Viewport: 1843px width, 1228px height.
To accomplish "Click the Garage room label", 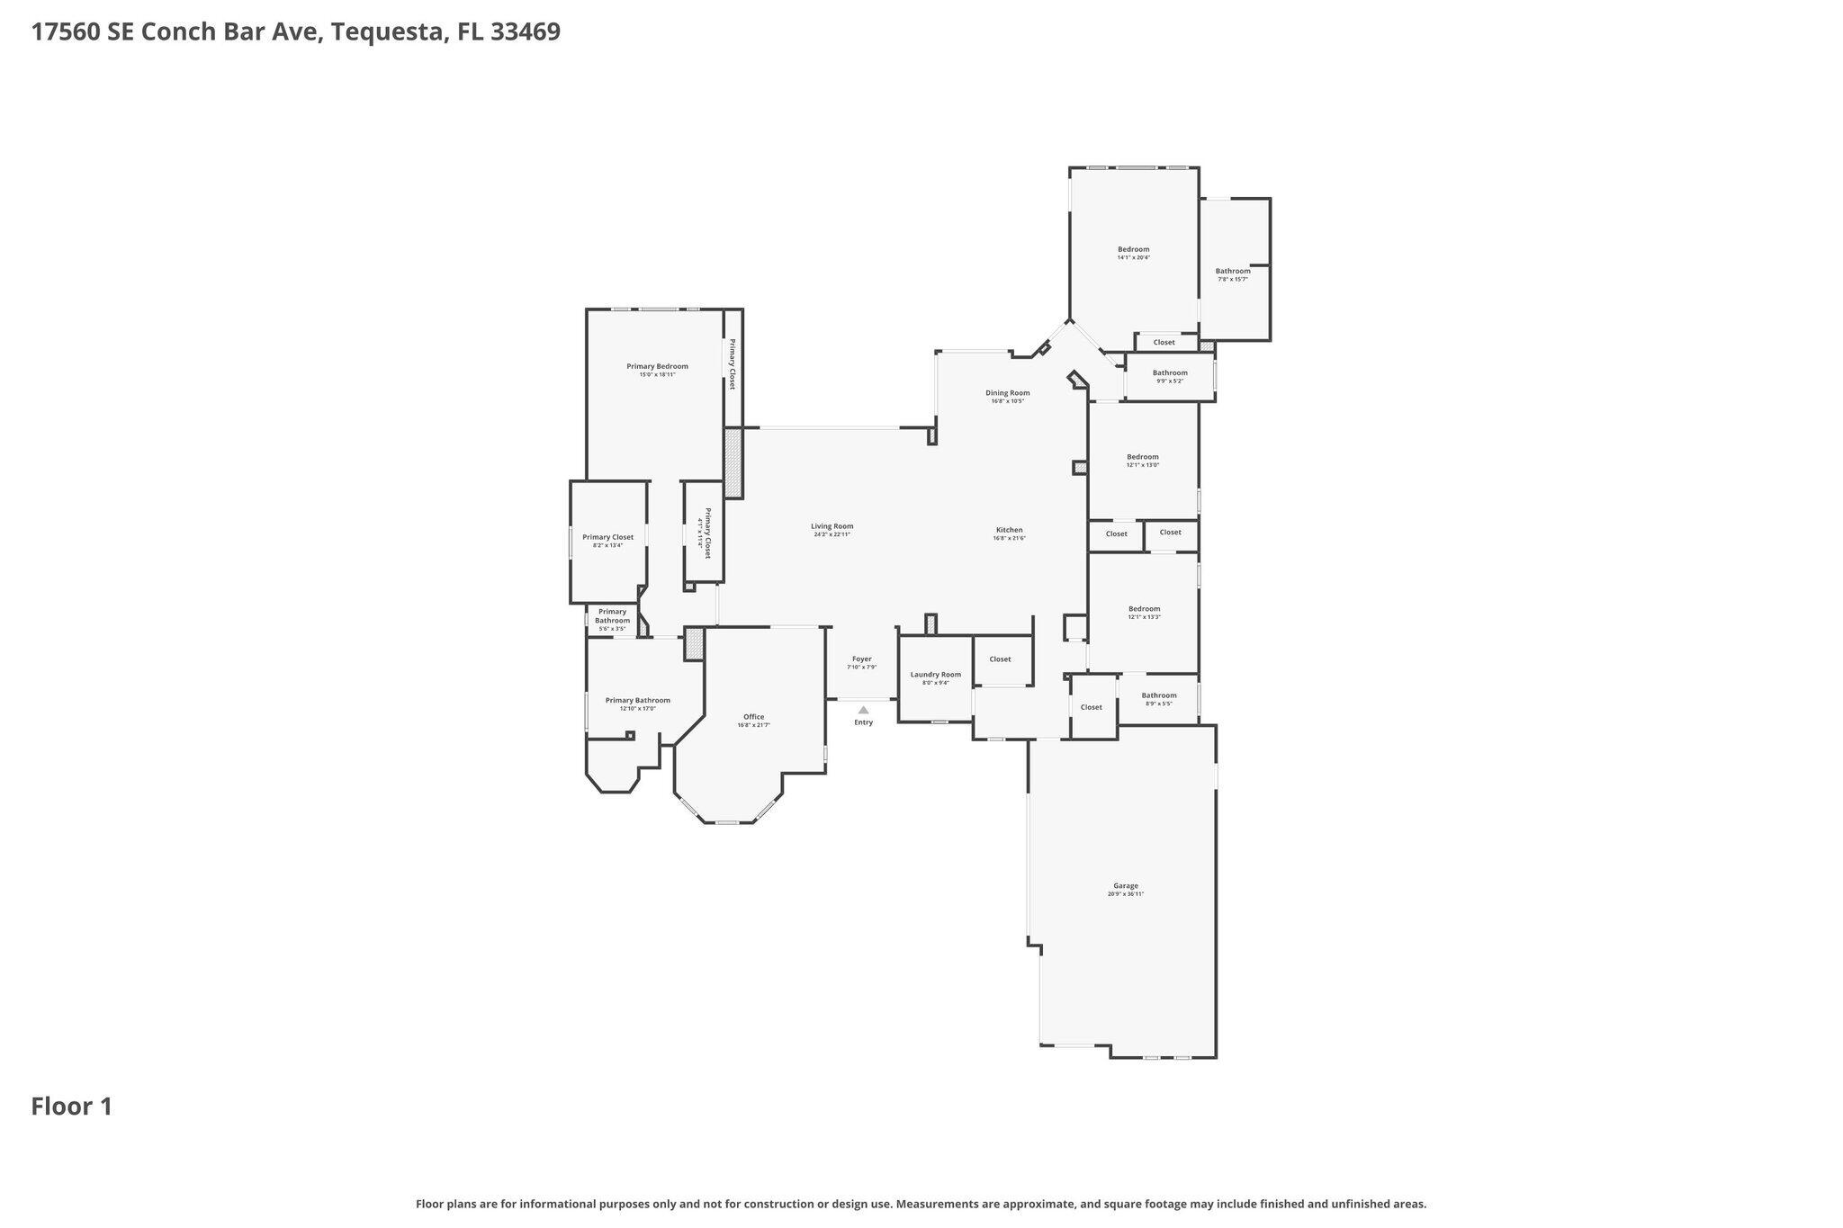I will coord(1125,885).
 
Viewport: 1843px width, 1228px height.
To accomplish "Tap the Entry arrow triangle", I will coord(863,710).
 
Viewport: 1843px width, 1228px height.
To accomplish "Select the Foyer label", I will coord(861,659).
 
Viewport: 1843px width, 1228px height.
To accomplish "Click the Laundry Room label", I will coord(935,675).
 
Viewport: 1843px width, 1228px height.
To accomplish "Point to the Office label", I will coord(753,717).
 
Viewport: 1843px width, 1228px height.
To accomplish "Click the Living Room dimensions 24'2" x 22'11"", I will coord(832,534).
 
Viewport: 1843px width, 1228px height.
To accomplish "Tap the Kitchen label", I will coord(1009,530).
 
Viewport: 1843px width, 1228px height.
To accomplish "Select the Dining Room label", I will coord(1007,393).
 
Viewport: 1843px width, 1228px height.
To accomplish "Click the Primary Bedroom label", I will coord(657,366).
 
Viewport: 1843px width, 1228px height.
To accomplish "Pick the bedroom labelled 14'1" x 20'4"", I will coord(1133,250).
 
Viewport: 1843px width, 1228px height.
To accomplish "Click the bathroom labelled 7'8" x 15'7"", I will coord(1232,272).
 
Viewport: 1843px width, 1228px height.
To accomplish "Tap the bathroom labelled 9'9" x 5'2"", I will coord(1170,373).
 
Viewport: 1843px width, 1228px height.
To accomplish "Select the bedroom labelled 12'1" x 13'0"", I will coord(1143,457).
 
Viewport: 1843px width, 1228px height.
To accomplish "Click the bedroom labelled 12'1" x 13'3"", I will coord(1144,609).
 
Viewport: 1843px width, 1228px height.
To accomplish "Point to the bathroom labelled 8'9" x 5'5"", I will coord(1158,695).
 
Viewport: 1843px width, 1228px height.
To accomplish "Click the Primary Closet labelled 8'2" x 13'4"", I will coord(607,538).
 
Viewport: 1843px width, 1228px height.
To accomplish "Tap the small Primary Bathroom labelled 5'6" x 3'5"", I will coord(612,616).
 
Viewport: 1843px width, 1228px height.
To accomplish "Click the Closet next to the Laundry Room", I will coord(1000,659).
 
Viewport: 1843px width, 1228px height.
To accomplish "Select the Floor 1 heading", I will coord(72,1107).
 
